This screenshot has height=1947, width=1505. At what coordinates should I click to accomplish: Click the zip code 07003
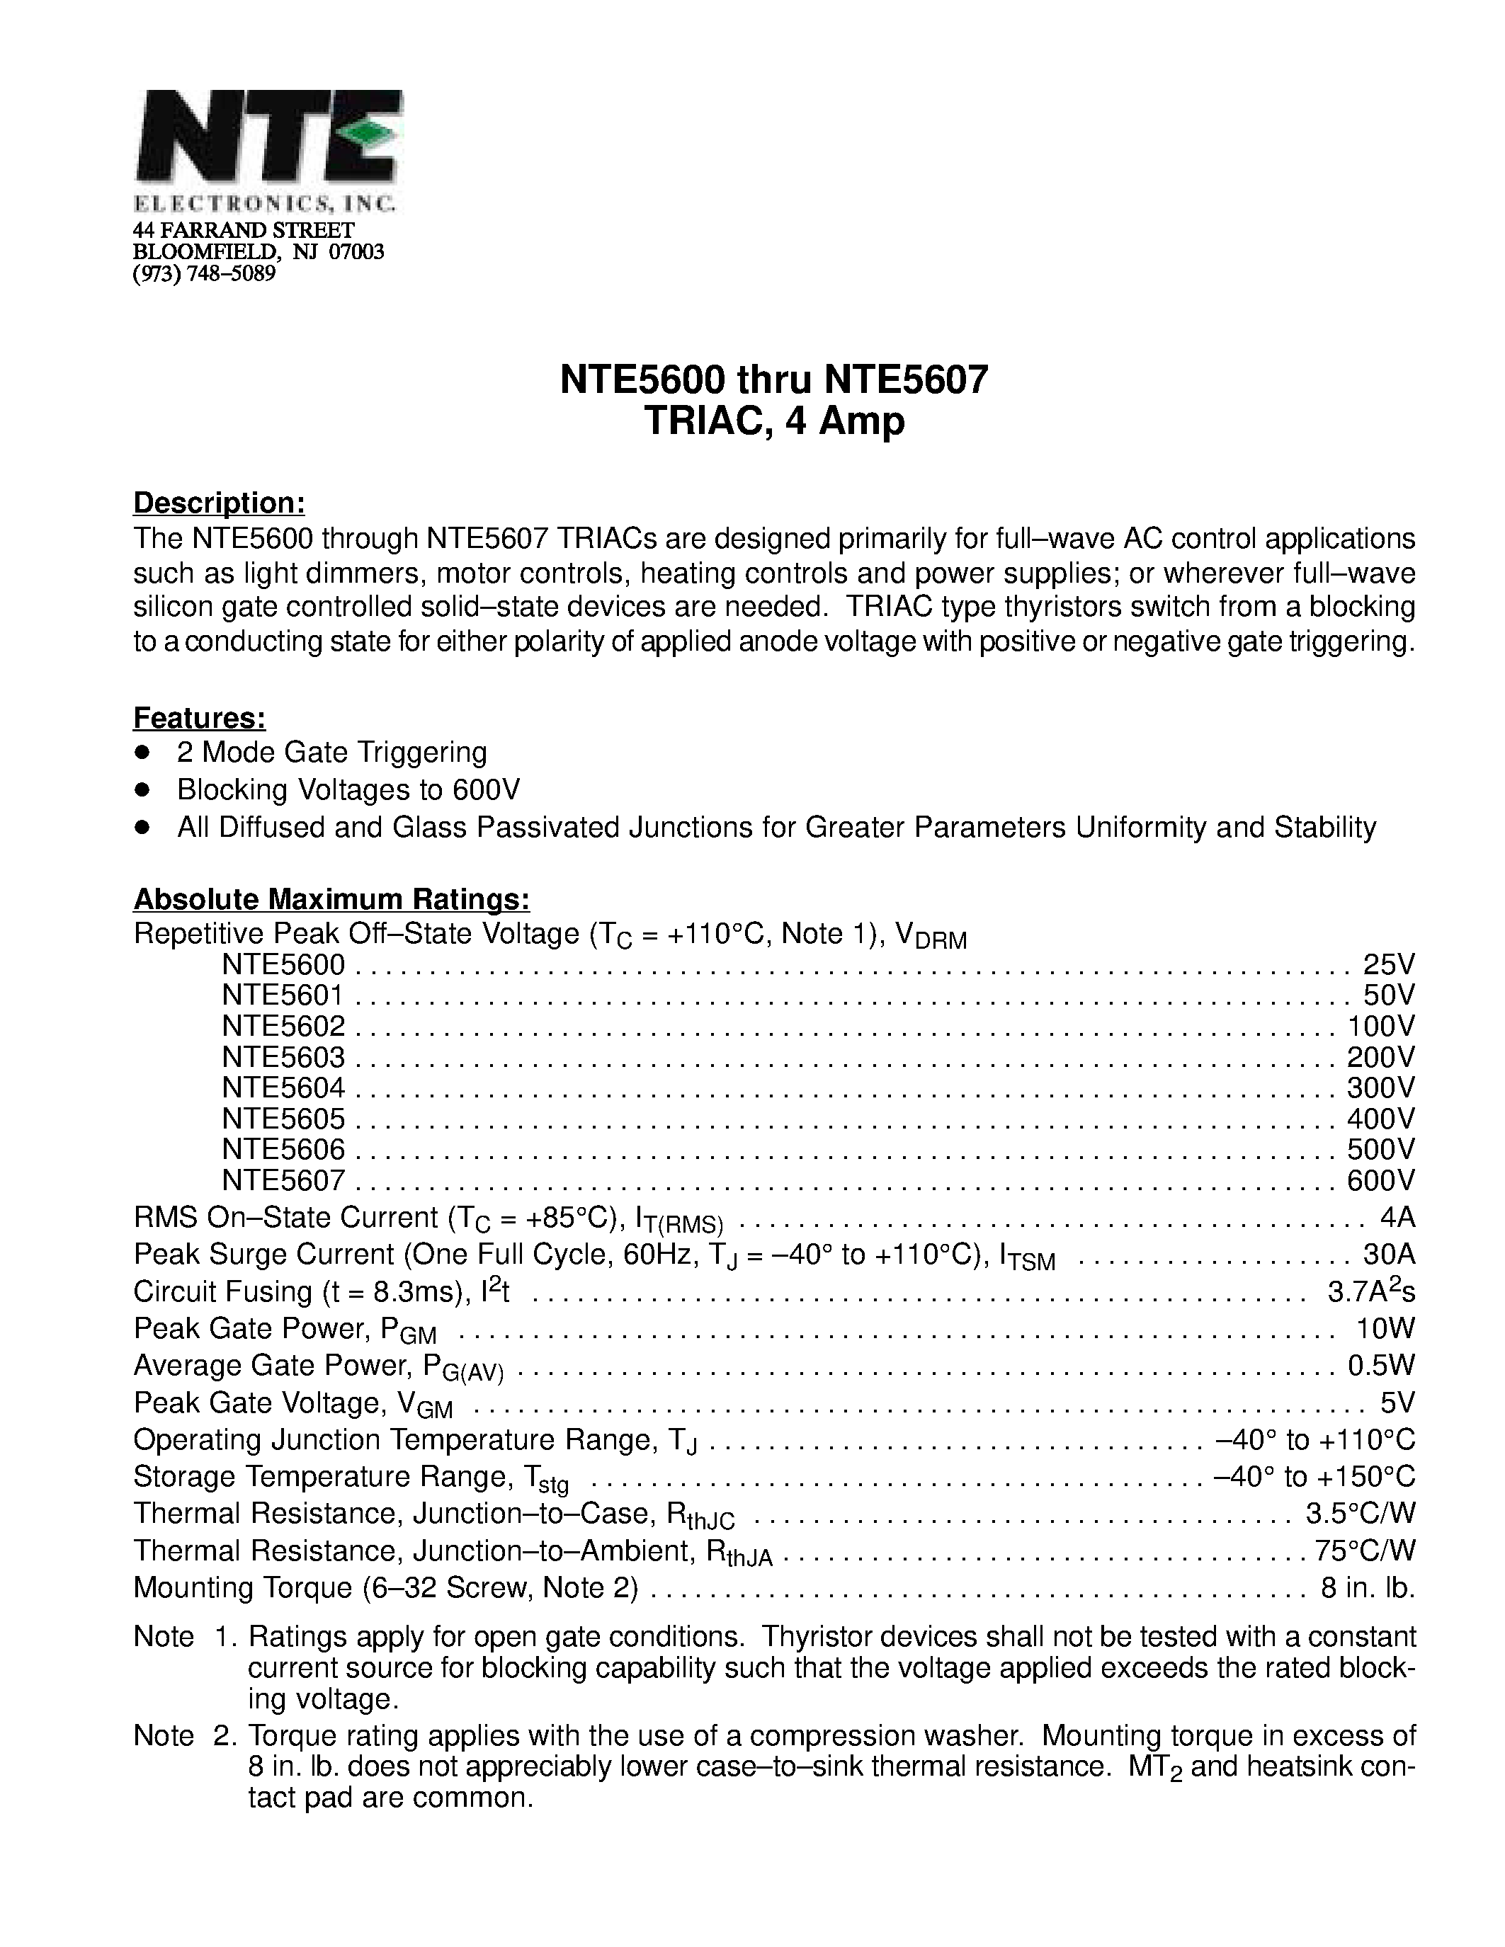[x=357, y=251]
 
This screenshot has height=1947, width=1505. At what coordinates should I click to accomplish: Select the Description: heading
[x=220, y=503]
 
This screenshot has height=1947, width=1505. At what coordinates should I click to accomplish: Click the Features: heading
[x=200, y=718]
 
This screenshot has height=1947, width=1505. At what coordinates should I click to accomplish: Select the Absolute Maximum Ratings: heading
[x=331, y=898]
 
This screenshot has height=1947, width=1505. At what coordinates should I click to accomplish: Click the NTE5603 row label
[x=283, y=1057]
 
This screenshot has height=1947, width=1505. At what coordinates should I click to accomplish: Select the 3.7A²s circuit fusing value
[x=1371, y=1291]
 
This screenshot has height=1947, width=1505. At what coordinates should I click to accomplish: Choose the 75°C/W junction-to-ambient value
[x=1365, y=1551]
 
